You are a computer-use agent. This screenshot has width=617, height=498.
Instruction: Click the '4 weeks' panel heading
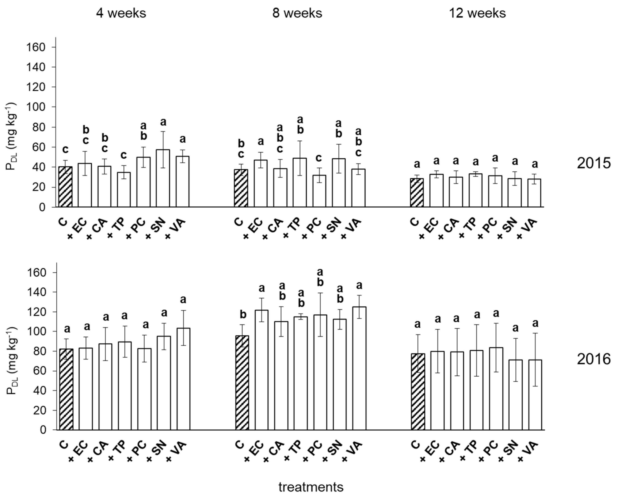[121, 13]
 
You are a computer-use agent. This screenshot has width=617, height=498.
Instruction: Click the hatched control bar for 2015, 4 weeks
[65, 187]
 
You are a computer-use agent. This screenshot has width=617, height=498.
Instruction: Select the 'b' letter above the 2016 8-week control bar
[243, 315]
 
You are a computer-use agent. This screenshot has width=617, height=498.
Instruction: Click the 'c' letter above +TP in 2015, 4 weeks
[123, 155]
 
